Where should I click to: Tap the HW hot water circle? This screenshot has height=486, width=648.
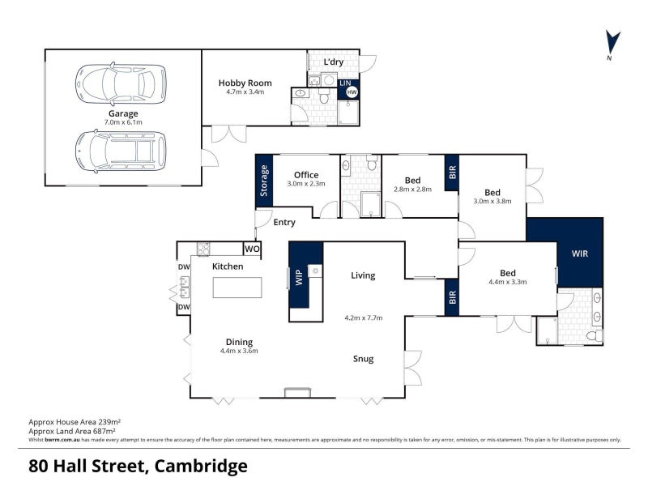(x=352, y=92)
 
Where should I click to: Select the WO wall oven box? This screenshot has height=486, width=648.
(x=252, y=249)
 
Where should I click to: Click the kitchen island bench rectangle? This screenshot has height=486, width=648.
(x=237, y=288)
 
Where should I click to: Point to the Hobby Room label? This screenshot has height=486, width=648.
(x=245, y=83)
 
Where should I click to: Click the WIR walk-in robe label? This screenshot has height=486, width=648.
(x=580, y=254)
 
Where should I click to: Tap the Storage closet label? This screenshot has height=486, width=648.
(x=264, y=181)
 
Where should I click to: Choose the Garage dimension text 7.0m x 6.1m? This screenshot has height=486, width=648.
(x=123, y=122)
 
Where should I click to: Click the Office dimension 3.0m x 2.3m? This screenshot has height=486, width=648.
(x=306, y=184)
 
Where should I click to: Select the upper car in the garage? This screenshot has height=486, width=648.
(x=121, y=84)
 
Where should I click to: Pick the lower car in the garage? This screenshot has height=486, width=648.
(x=121, y=151)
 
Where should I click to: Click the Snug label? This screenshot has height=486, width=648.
(x=363, y=359)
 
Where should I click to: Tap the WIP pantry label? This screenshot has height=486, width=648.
(x=299, y=277)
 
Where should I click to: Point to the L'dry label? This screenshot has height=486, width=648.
(x=334, y=62)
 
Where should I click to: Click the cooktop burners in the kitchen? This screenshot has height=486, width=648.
(x=203, y=249)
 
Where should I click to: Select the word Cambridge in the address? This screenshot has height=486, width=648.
(x=201, y=467)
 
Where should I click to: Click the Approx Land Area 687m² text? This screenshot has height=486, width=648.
(x=72, y=432)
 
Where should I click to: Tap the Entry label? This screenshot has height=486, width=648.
(x=284, y=222)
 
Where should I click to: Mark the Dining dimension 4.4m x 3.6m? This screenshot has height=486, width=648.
(x=239, y=351)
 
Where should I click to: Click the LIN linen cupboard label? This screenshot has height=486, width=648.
(x=346, y=83)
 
